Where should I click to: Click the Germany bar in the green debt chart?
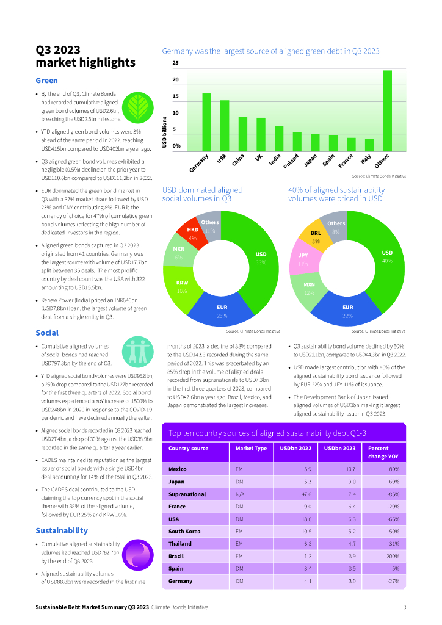point(206,122)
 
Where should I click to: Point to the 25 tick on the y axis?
point(176,63)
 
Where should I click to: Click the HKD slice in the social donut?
point(193,233)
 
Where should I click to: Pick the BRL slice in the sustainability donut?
point(316,236)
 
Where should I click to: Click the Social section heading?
point(47,333)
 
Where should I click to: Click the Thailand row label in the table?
point(180,543)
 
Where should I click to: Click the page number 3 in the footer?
point(404,607)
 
